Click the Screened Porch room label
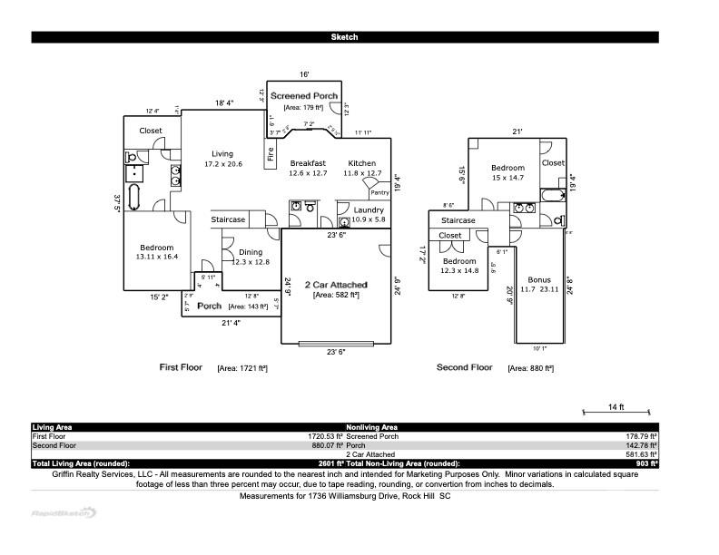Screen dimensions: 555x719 click(x=304, y=96)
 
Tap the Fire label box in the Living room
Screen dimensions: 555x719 click(x=271, y=155)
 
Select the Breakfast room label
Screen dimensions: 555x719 click(x=307, y=163)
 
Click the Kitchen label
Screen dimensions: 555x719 click(x=361, y=163)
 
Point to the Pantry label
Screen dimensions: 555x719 click(x=379, y=192)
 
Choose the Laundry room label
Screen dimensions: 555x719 click(x=369, y=210)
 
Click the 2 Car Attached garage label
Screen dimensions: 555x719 click(x=336, y=284)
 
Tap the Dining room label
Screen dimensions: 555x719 click(x=251, y=252)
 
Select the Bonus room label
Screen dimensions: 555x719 click(x=540, y=280)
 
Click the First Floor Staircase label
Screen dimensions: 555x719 click(x=229, y=219)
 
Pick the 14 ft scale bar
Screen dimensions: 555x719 click(x=615, y=413)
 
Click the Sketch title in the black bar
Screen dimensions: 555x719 click(x=344, y=37)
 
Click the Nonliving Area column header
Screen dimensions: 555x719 click(x=371, y=427)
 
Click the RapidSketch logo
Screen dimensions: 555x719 click(x=64, y=512)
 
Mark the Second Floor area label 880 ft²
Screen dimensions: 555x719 click(x=528, y=368)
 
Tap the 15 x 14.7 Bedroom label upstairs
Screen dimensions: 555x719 click(x=507, y=172)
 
